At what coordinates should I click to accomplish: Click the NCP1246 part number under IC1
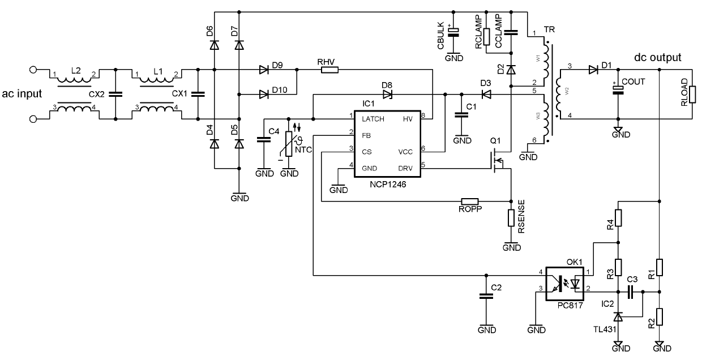coord(388,184)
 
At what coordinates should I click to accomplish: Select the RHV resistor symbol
coord(329,70)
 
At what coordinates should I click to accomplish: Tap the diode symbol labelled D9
coord(263,70)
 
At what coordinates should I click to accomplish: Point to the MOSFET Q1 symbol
coord(498,161)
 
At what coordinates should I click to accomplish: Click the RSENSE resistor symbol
coord(511,218)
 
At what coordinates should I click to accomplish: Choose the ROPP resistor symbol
coord(470,201)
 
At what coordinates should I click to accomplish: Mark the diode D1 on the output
coord(593,70)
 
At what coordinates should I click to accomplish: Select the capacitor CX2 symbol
coord(115,95)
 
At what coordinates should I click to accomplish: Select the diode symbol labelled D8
coord(387,94)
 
